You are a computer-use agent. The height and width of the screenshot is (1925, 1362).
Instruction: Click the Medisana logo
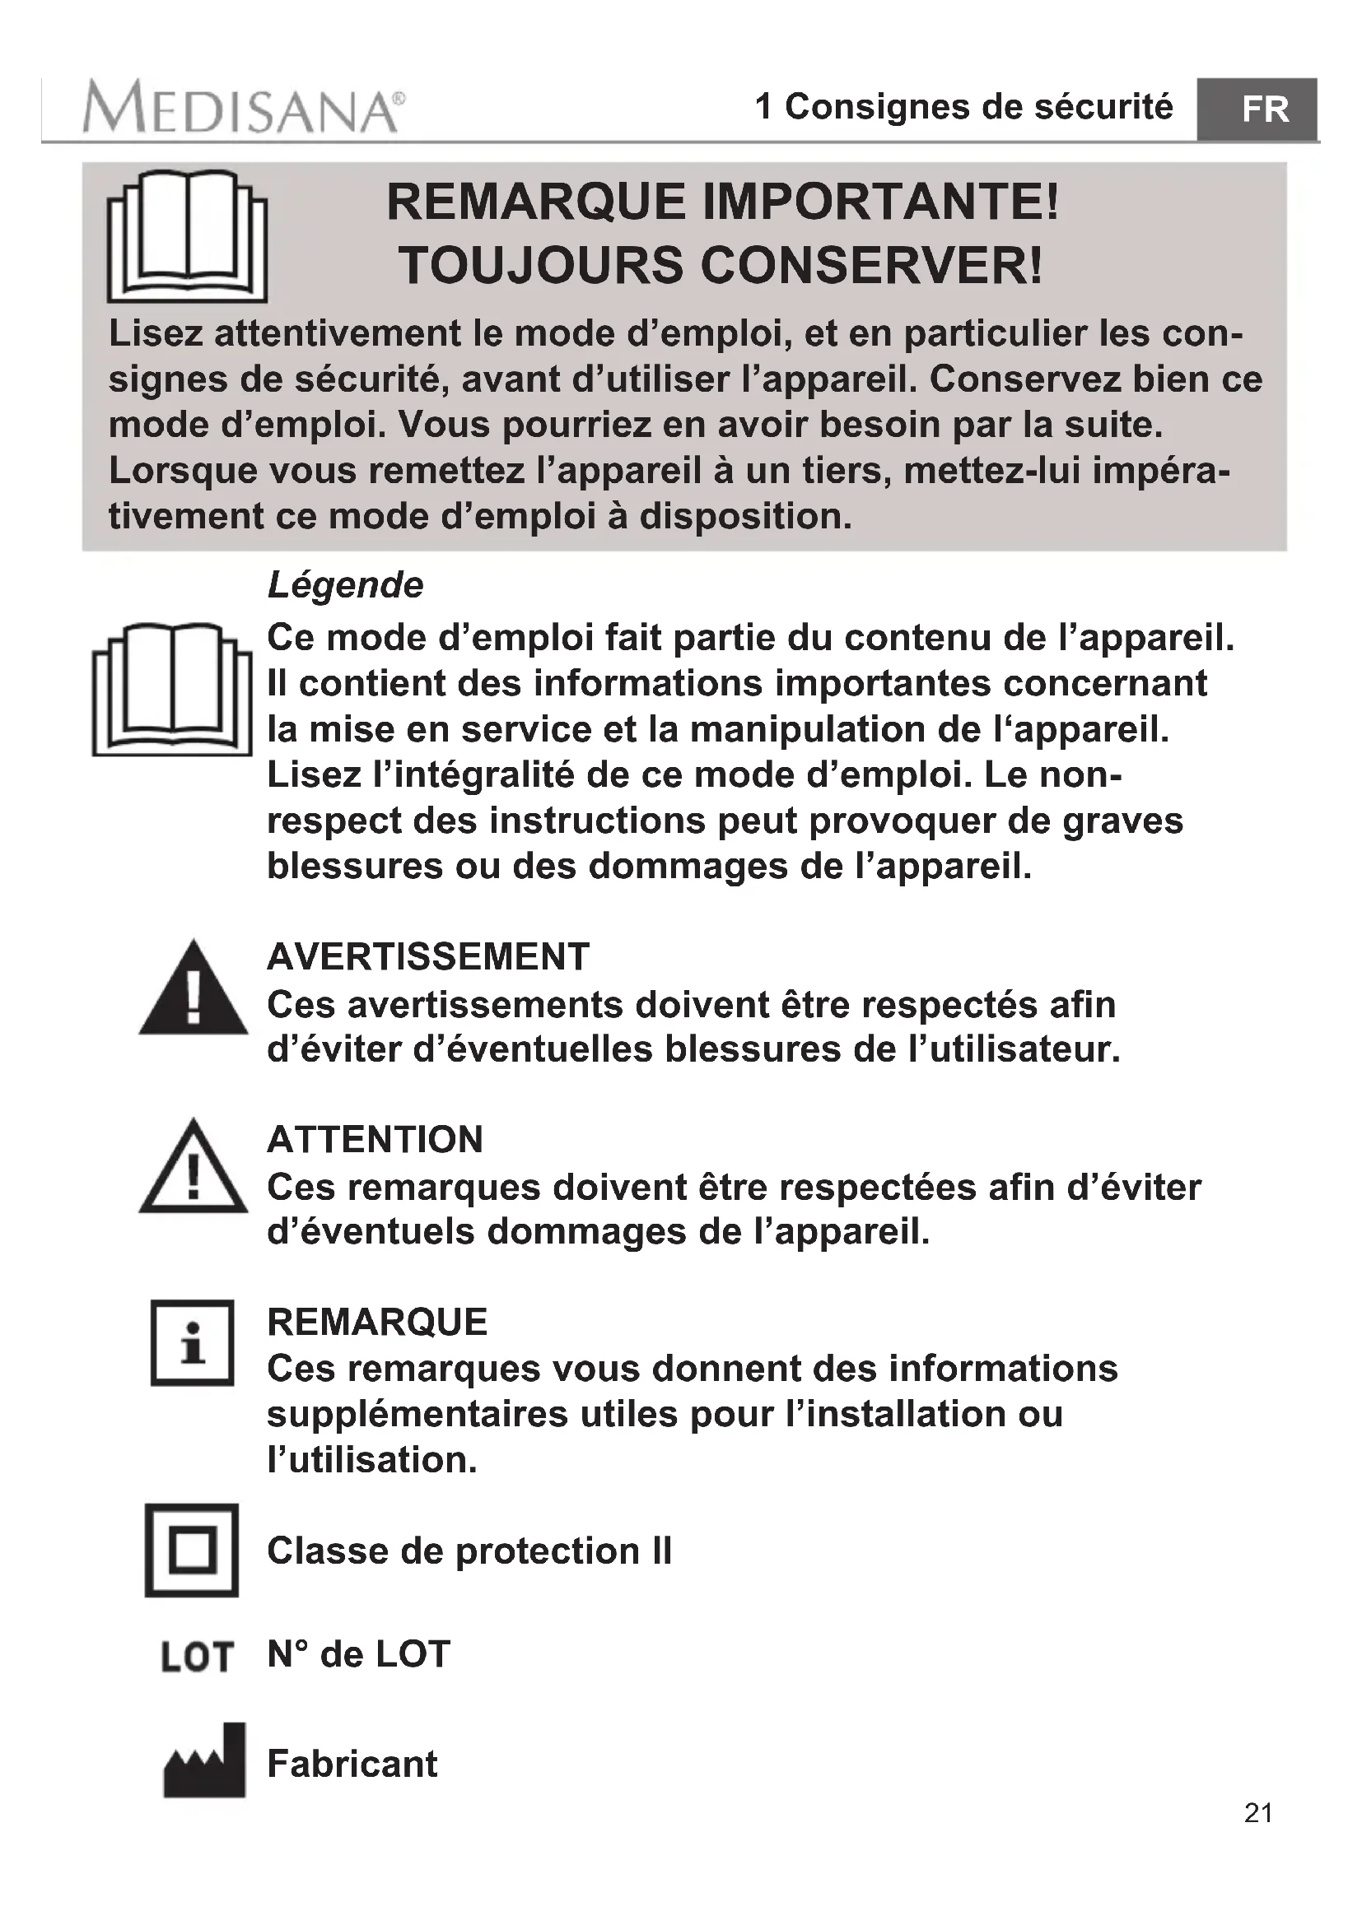click(x=243, y=107)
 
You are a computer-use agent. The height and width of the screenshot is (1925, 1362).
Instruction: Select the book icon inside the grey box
click(x=187, y=236)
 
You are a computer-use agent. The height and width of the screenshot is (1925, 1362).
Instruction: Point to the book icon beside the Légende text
click(x=172, y=689)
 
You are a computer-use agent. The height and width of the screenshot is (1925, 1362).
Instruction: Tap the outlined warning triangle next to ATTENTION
click(x=193, y=1169)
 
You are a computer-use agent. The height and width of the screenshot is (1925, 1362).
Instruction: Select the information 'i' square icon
click(x=192, y=1343)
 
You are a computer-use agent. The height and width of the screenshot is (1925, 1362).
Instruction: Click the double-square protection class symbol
click(x=192, y=1551)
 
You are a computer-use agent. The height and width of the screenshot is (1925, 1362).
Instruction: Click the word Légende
click(x=346, y=585)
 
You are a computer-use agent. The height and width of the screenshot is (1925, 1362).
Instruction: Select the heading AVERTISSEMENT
click(x=427, y=956)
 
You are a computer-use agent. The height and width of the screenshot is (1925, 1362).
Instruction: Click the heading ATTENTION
click(x=375, y=1139)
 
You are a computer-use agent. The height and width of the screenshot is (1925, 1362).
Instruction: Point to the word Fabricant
click(x=352, y=1764)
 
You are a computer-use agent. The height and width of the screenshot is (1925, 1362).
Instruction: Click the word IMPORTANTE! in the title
click(x=880, y=202)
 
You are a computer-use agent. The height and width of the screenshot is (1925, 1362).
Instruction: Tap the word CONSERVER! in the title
click(x=872, y=266)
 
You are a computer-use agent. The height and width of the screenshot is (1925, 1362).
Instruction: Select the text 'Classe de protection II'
click(x=469, y=1551)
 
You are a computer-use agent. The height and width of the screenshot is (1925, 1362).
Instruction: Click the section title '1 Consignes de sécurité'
click(x=963, y=106)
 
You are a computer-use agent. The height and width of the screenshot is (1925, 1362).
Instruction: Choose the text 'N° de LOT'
click(x=358, y=1654)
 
